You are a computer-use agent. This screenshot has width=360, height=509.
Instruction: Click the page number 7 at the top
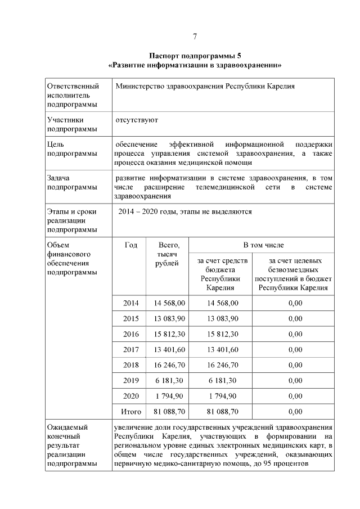point(194,37)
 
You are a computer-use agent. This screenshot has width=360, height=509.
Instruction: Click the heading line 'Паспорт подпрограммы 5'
point(195,56)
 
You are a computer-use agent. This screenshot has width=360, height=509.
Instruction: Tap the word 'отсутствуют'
point(137,120)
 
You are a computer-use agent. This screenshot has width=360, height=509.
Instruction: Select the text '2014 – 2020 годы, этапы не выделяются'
point(186,212)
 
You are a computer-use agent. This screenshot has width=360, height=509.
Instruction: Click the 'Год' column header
point(131,245)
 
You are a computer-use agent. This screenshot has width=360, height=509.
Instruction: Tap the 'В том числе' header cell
point(263,245)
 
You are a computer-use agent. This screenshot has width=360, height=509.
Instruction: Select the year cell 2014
point(131,303)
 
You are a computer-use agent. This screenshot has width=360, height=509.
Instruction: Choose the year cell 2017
point(131,349)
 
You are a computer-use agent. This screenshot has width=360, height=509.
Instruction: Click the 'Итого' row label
point(131,412)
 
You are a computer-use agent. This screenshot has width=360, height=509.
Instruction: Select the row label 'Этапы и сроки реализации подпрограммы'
point(72,220)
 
